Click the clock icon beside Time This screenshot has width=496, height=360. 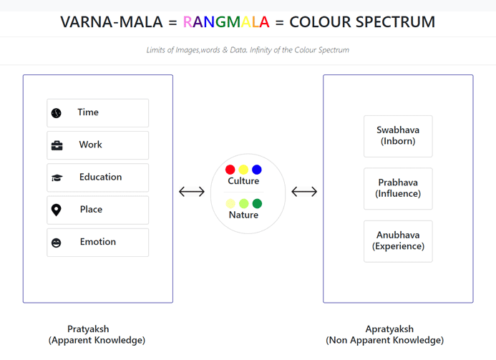click(x=57, y=113)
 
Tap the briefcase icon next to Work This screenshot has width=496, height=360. click(x=57, y=145)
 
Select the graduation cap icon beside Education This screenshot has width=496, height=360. click(x=57, y=177)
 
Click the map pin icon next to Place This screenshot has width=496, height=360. click(x=57, y=210)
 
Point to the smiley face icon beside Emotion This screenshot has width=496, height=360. click(x=57, y=243)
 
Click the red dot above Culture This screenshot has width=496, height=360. click(x=230, y=170)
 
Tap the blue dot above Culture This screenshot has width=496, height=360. click(x=257, y=170)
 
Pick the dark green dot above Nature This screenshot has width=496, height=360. click(x=257, y=203)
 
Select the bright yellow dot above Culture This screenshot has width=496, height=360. click(x=243, y=170)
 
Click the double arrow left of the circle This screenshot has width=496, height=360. click(x=192, y=191)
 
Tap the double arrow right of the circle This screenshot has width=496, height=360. click(x=304, y=191)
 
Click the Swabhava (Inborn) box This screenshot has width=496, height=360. click(x=398, y=136)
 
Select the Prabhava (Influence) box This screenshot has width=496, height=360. click(x=398, y=188)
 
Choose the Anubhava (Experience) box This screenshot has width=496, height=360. click(x=398, y=241)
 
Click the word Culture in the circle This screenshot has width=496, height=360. click(x=243, y=181)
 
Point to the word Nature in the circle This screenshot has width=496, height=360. click(x=243, y=215)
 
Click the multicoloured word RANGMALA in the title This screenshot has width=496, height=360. click(x=226, y=21)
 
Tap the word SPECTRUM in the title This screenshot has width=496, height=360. click(x=395, y=21)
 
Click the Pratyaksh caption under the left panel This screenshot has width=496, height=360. click(x=97, y=334)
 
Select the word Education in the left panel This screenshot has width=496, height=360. click(x=101, y=177)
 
